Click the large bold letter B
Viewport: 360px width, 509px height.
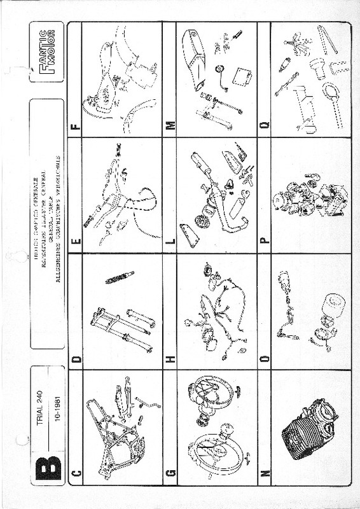[x=47, y=466]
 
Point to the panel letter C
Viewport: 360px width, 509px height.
[x=76, y=471]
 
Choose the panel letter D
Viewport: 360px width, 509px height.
[x=76, y=359]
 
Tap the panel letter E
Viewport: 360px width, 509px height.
[x=76, y=241]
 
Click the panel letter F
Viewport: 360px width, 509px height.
[x=76, y=125]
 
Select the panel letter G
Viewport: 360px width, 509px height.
[x=170, y=471]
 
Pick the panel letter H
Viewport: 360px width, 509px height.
[x=170, y=359]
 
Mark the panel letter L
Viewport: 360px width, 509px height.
[x=170, y=241]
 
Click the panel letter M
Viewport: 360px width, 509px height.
[x=170, y=125]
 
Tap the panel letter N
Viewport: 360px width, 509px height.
[x=265, y=471]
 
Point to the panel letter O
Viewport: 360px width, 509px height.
[x=265, y=359]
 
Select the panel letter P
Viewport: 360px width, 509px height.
[x=265, y=241]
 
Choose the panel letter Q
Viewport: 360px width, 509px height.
[x=265, y=125]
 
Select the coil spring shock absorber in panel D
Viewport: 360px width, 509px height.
[x=120, y=278]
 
